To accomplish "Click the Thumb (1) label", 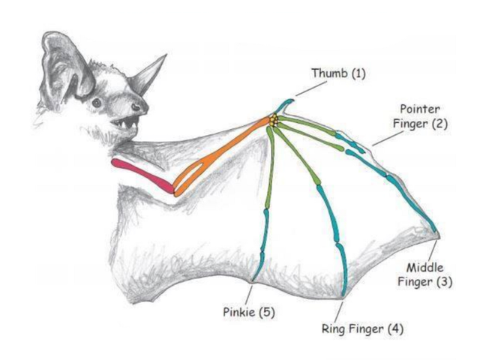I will coord(338,73).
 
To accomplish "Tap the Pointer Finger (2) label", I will coord(423,116).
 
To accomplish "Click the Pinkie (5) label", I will coord(247,312).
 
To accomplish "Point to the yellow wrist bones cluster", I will coord(274,120).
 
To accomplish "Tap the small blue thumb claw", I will coord(285,104).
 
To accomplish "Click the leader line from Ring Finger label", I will coord(339,309).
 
